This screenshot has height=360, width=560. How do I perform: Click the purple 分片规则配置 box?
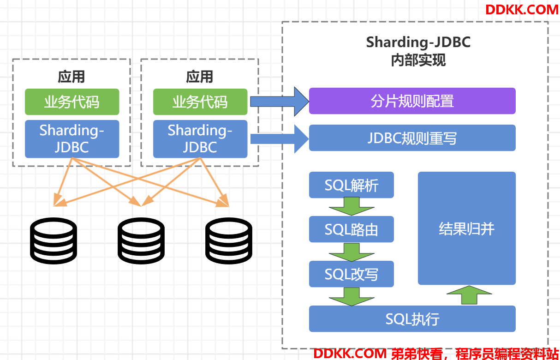(x=412, y=101)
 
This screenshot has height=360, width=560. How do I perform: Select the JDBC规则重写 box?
(x=412, y=138)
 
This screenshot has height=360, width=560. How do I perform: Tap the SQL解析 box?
(x=351, y=185)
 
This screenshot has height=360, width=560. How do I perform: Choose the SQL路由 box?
(x=351, y=229)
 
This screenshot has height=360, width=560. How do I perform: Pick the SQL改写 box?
(x=351, y=274)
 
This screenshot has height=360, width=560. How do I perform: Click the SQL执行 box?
(x=412, y=319)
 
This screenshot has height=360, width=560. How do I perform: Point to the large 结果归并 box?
(x=467, y=228)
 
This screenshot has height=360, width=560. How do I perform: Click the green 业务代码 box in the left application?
(x=72, y=102)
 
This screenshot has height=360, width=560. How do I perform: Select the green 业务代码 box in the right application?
(x=200, y=102)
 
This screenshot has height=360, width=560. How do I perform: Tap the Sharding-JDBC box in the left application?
(x=72, y=139)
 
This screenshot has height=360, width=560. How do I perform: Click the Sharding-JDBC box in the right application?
(x=200, y=139)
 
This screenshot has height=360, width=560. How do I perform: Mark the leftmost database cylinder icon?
(x=54, y=240)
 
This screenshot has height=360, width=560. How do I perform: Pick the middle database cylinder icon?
(x=141, y=240)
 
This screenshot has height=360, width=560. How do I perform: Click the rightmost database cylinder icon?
(x=229, y=240)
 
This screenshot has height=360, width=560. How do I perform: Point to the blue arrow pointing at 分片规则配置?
(x=280, y=102)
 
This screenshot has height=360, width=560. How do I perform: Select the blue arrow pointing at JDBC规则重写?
(x=280, y=139)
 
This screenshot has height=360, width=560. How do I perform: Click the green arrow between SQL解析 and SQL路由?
(x=351, y=206)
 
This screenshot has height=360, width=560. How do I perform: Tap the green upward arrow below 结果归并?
(x=469, y=295)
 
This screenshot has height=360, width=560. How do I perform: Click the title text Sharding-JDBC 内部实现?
(x=418, y=51)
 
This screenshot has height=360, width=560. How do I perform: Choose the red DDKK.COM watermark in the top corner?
(x=522, y=10)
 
